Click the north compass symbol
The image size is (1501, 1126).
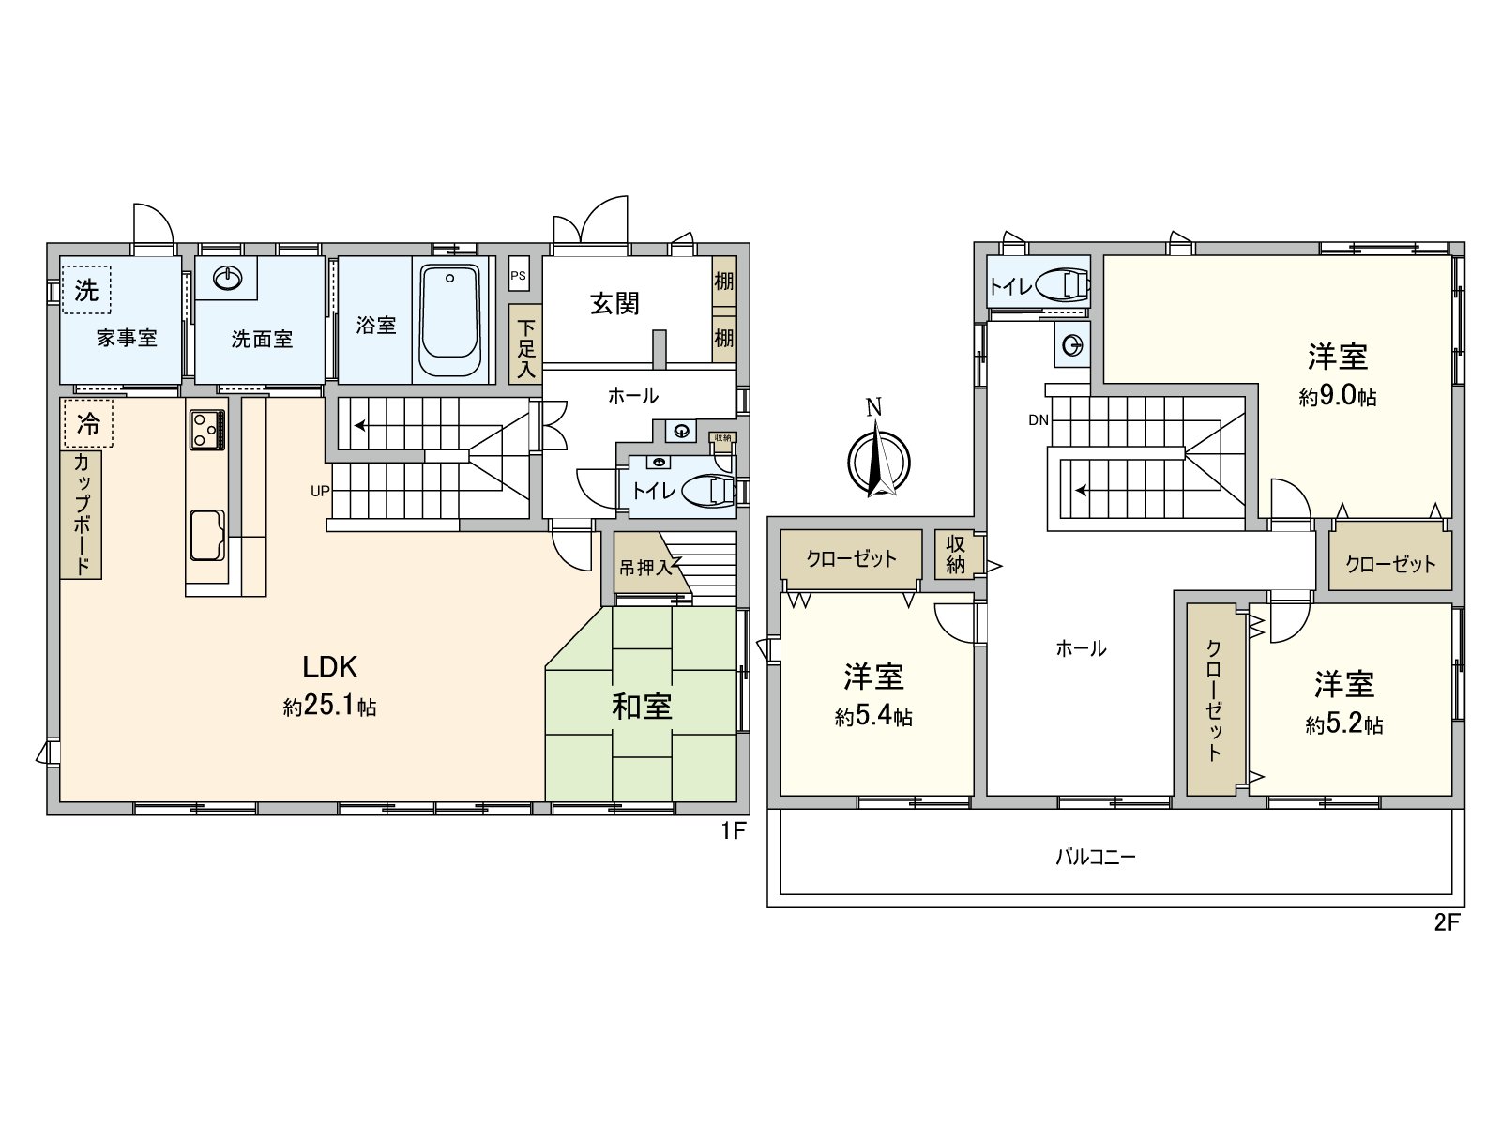[x=878, y=460]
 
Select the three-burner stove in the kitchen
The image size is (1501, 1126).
[x=206, y=431]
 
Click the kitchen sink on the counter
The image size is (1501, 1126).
[x=206, y=533]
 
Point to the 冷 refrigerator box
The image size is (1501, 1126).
[x=87, y=423]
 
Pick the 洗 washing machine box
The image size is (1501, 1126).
[x=86, y=289]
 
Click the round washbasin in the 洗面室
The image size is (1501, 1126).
[x=228, y=278]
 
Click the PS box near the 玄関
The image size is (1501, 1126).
[x=518, y=276]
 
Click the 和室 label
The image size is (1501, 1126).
[x=642, y=707]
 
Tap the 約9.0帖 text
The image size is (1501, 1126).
[x=1338, y=397]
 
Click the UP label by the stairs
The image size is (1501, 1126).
[x=320, y=490]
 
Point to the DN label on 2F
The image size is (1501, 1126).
[x=1038, y=419]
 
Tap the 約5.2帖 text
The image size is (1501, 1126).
[x=1343, y=724]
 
